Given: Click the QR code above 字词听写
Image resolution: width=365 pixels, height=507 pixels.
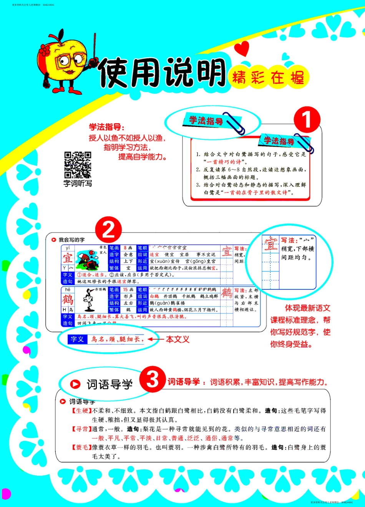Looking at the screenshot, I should (78, 165).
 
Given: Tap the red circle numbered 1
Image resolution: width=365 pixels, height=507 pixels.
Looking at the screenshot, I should (307, 120).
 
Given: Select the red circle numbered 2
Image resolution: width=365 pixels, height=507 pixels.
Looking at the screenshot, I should (109, 230).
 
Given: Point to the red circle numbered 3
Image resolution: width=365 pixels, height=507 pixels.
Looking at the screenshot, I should (153, 379).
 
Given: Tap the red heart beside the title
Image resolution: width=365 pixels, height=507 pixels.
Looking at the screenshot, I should (242, 49).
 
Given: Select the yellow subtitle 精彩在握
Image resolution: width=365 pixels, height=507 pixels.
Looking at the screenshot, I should (268, 78).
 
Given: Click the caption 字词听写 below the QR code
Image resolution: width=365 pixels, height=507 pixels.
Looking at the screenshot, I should (78, 183).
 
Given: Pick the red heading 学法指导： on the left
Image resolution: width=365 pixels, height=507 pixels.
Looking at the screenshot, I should (107, 127).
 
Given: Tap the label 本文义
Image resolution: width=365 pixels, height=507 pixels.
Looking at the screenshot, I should (178, 339).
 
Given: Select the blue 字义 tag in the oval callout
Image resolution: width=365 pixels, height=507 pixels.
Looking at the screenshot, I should (77, 339).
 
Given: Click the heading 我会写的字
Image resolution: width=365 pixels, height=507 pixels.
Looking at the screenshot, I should (71, 240).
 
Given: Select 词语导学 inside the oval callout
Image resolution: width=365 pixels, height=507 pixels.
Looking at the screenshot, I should (109, 384).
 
